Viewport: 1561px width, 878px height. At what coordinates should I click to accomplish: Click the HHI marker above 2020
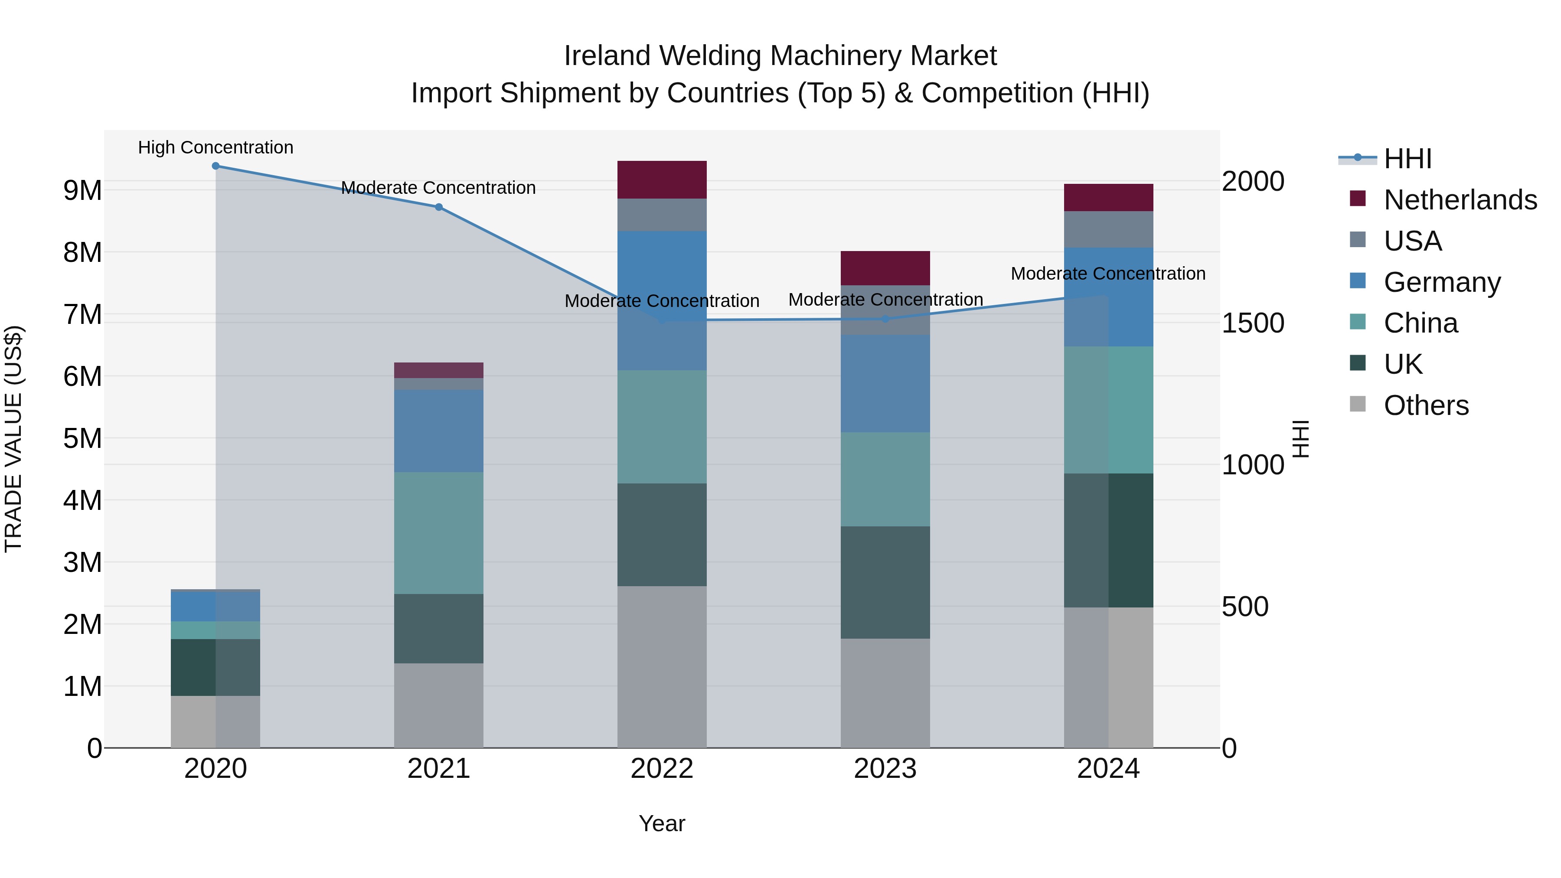pos(216,166)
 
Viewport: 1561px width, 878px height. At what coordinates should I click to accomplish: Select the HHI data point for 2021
pos(439,207)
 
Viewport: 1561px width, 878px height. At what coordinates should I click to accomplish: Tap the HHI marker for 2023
pos(885,319)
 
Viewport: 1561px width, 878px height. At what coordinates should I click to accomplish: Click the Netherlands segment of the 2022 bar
pos(662,180)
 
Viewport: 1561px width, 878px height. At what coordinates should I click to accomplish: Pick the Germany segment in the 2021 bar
pos(439,431)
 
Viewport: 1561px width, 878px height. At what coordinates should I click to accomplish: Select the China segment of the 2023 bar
pos(885,479)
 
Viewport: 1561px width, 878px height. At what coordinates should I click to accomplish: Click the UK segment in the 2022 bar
pos(662,535)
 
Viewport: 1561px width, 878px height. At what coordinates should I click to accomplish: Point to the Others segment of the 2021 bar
pos(439,705)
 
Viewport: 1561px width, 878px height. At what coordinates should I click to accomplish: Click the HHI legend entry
pos(1407,159)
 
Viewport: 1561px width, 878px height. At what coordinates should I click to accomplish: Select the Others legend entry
pos(1426,405)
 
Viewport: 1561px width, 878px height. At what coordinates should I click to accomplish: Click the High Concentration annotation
pos(216,148)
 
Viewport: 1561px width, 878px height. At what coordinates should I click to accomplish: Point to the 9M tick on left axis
pos(82,191)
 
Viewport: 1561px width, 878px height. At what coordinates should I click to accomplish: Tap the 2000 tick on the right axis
pos(1253,182)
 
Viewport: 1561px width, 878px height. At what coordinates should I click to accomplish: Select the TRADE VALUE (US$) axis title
pos(13,439)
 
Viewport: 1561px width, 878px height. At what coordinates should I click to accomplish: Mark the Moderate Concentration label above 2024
pos(1108,274)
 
